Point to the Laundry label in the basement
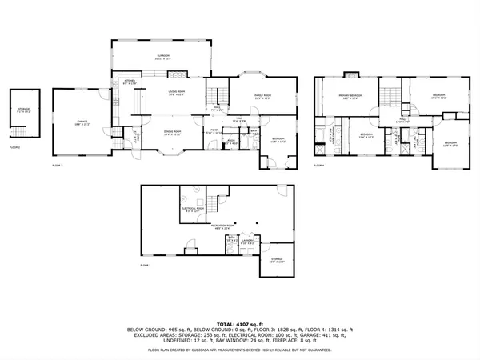248,240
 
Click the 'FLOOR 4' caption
318,166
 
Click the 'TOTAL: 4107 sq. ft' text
240,321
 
